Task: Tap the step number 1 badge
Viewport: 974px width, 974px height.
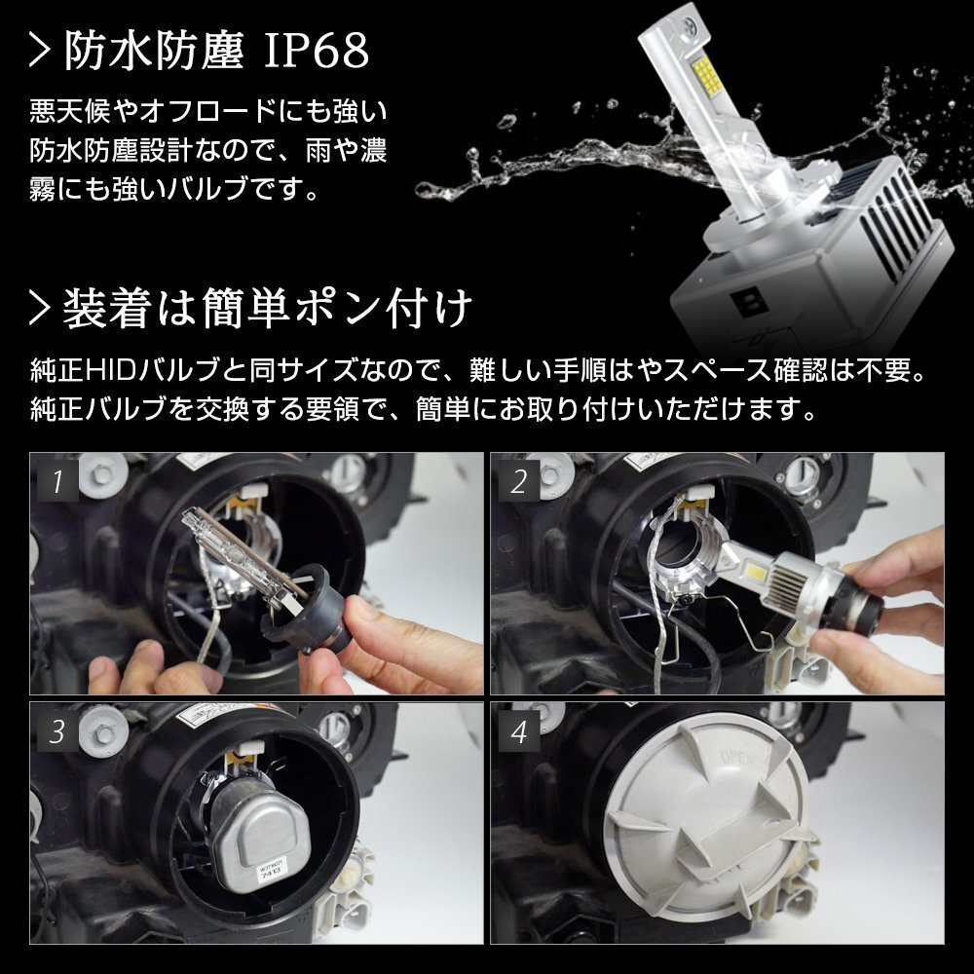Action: tap(57, 480)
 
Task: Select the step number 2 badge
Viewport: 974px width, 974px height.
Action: tap(519, 480)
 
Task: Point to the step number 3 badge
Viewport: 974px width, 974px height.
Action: tap(57, 731)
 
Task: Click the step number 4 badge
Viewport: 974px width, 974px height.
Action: tap(519, 731)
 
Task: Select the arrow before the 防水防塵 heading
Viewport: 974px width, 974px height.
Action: tap(39, 52)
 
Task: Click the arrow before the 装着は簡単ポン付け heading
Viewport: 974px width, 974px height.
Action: tap(39, 309)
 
